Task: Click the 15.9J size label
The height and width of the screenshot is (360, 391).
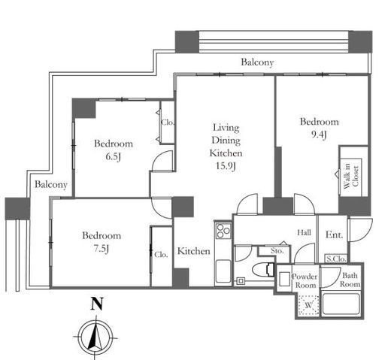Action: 226,166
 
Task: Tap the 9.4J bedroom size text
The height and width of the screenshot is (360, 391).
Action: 319,135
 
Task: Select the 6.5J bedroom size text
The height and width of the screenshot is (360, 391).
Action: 114,156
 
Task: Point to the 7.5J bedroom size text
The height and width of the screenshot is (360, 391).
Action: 102,249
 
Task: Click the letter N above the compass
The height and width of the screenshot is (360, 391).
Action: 97,304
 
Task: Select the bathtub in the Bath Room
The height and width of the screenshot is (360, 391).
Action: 341,304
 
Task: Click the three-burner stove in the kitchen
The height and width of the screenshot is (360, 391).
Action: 223,231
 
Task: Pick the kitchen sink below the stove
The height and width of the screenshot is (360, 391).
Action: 223,271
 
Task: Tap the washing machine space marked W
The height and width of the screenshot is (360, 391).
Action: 308,305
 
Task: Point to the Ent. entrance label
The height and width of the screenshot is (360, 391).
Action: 334,234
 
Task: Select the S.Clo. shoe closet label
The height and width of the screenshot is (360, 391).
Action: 336,259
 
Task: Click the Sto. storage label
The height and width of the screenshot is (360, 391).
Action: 277,250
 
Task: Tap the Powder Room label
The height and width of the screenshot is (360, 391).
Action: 305,281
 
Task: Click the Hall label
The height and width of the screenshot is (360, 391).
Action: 304,232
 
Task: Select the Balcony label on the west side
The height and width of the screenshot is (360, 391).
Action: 51,185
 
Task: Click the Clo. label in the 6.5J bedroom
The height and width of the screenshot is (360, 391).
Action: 168,123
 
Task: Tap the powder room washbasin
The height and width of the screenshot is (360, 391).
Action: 284,279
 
